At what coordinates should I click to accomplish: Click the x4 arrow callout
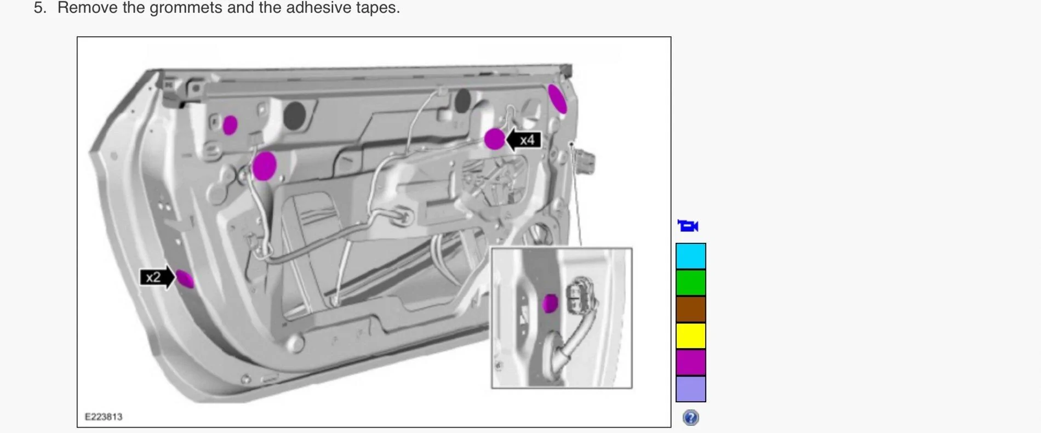coord(523,140)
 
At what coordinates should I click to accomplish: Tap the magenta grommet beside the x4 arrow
coord(494,139)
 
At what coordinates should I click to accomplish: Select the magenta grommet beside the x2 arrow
coord(185,278)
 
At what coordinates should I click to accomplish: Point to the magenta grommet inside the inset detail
coord(550,303)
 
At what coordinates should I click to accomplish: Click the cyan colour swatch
coord(690,256)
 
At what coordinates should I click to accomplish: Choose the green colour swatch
coord(690,282)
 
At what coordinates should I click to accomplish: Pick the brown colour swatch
coord(690,309)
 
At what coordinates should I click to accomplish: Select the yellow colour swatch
coord(690,335)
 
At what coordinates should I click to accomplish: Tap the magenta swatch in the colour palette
coord(690,362)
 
